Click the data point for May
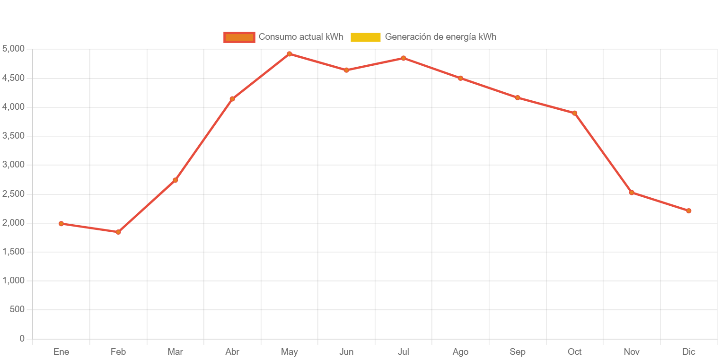click(x=289, y=54)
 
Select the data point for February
click(x=118, y=232)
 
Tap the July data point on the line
click(x=403, y=58)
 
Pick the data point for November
click(x=632, y=193)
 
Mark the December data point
click(x=688, y=211)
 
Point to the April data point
click(x=232, y=99)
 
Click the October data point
click(x=574, y=113)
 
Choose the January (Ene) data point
click(x=61, y=223)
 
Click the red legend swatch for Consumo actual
click(x=239, y=37)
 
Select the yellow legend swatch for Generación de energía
click(x=365, y=37)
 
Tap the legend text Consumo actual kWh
click(x=301, y=37)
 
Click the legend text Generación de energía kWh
click(x=440, y=37)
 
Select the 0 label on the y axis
click(x=22, y=338)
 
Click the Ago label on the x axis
click(x=460, y=352)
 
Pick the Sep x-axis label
click(x=518, y=352)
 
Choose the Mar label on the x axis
click(x=175, y=352)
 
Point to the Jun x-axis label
click(x=346, y=352)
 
